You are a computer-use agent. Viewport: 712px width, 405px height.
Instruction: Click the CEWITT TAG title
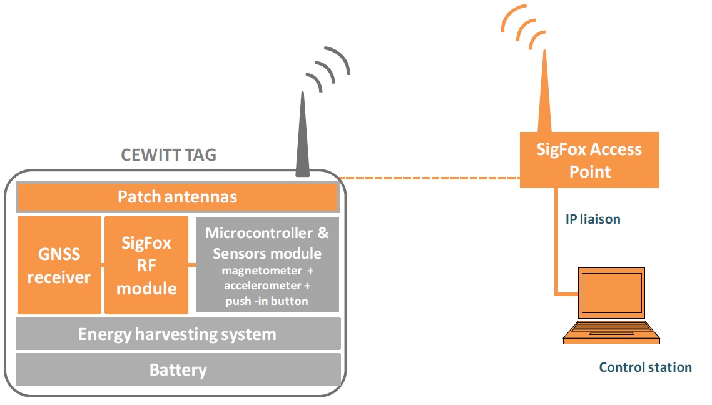tap(168, 155)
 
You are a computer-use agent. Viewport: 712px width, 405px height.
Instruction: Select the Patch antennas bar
tap(178, 197)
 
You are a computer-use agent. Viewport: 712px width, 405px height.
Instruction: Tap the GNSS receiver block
tap(59, 266)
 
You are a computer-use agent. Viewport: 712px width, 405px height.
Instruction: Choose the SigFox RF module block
tap(146, 266)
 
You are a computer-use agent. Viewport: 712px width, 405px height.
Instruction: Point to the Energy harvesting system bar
tap(178, 334)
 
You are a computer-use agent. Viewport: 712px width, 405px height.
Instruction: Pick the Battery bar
tap(178, 370)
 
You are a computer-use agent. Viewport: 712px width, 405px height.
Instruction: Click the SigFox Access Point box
tap(589, 159)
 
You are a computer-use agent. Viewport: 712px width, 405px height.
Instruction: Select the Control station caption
tap(645, 367)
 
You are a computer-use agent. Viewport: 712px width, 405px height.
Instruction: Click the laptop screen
tap(610, 292)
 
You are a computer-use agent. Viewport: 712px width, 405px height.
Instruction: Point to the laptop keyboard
tap(610, 331)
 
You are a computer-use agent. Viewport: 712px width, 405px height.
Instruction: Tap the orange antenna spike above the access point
tap(544, 94)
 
